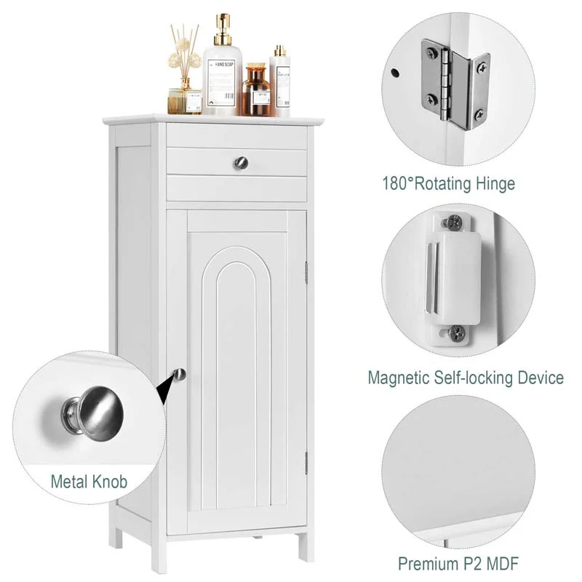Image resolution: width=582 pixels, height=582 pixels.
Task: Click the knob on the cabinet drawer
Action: [x=242, y=162]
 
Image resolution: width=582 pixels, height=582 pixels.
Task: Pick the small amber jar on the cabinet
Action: [x=255, y=91]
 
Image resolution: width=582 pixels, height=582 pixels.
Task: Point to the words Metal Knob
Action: [x=89, y=481]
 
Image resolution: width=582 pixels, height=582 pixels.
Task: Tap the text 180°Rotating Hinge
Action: [x=448, y=183]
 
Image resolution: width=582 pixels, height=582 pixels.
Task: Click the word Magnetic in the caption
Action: [x=402, y=378]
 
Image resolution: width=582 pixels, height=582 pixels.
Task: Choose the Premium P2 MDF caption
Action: [x=459, y=564]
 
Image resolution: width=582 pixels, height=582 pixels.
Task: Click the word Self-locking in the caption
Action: [x=480, y=378]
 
